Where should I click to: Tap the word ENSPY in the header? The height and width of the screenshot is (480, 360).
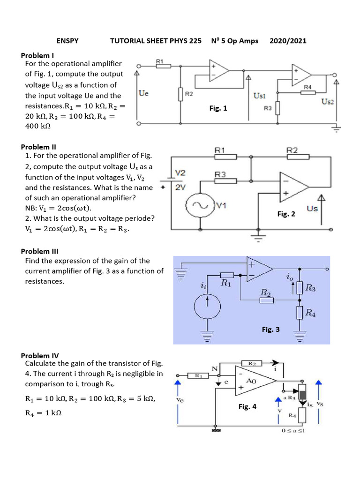(67, 41)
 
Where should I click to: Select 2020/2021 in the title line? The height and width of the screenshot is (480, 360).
(288, 41)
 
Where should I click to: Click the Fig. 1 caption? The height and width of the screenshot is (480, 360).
(218, 108)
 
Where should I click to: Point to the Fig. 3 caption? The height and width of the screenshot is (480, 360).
(270, 330)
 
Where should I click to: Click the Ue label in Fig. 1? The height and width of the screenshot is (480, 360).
(144, 94)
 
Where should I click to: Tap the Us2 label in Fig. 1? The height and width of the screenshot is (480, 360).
(328, 102)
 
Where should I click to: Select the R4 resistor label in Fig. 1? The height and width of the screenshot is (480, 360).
(307, 87)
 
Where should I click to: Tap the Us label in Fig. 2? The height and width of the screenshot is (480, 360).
(312, 208)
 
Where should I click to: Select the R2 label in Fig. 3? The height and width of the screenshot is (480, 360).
(265, 293)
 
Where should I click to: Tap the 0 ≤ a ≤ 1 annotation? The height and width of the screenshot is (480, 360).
(293, 431)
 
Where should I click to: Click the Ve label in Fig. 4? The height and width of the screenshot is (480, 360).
(180, 400)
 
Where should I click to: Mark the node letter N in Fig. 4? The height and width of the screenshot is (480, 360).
(215, 369)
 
